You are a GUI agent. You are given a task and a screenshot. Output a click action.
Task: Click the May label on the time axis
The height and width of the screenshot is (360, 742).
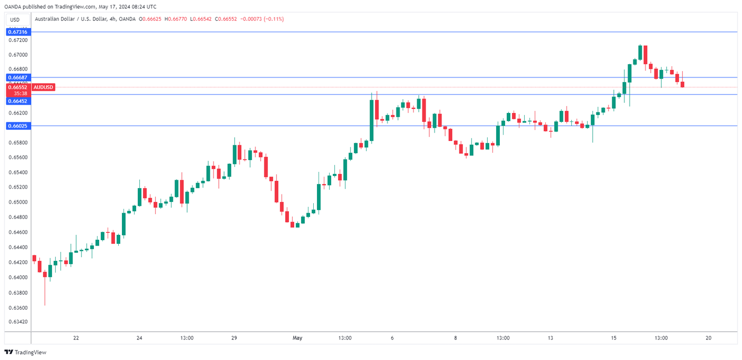(297, 338)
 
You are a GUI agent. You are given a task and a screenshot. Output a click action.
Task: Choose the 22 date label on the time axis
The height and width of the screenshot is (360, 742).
(76, 338)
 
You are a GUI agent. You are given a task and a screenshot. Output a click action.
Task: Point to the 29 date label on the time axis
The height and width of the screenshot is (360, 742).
(234, 338)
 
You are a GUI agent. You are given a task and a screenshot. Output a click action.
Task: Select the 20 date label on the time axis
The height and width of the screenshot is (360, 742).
(708, 338)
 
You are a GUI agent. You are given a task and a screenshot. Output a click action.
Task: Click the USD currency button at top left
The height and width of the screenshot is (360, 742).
(15, 20)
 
